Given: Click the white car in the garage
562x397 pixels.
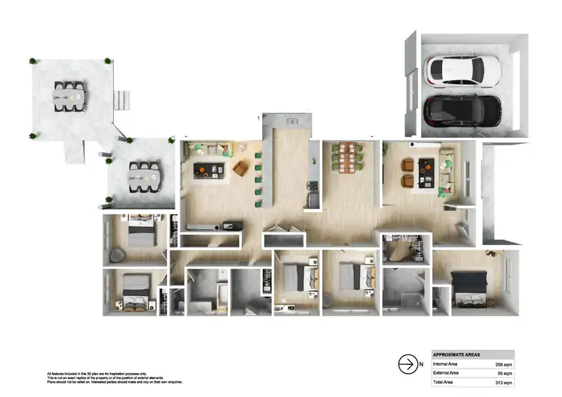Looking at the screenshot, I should click(x=456, y=70).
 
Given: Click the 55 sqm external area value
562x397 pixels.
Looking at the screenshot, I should click(x=504, y=372).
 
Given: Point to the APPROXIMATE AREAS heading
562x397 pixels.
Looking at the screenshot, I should click(x=458, y=354).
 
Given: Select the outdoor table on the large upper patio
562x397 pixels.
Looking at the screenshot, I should click(x=69, y=97).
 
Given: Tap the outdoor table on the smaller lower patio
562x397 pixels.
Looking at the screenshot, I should click(x=143, y=177).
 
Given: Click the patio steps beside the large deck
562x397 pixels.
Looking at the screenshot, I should click(x=122, y=99).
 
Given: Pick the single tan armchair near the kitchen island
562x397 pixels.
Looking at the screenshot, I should click(x=240, y=169).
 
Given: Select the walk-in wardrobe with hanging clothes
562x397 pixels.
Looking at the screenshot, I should click(x=405, y=249).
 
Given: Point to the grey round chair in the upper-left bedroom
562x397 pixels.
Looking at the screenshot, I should click(x=116, y=255).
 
